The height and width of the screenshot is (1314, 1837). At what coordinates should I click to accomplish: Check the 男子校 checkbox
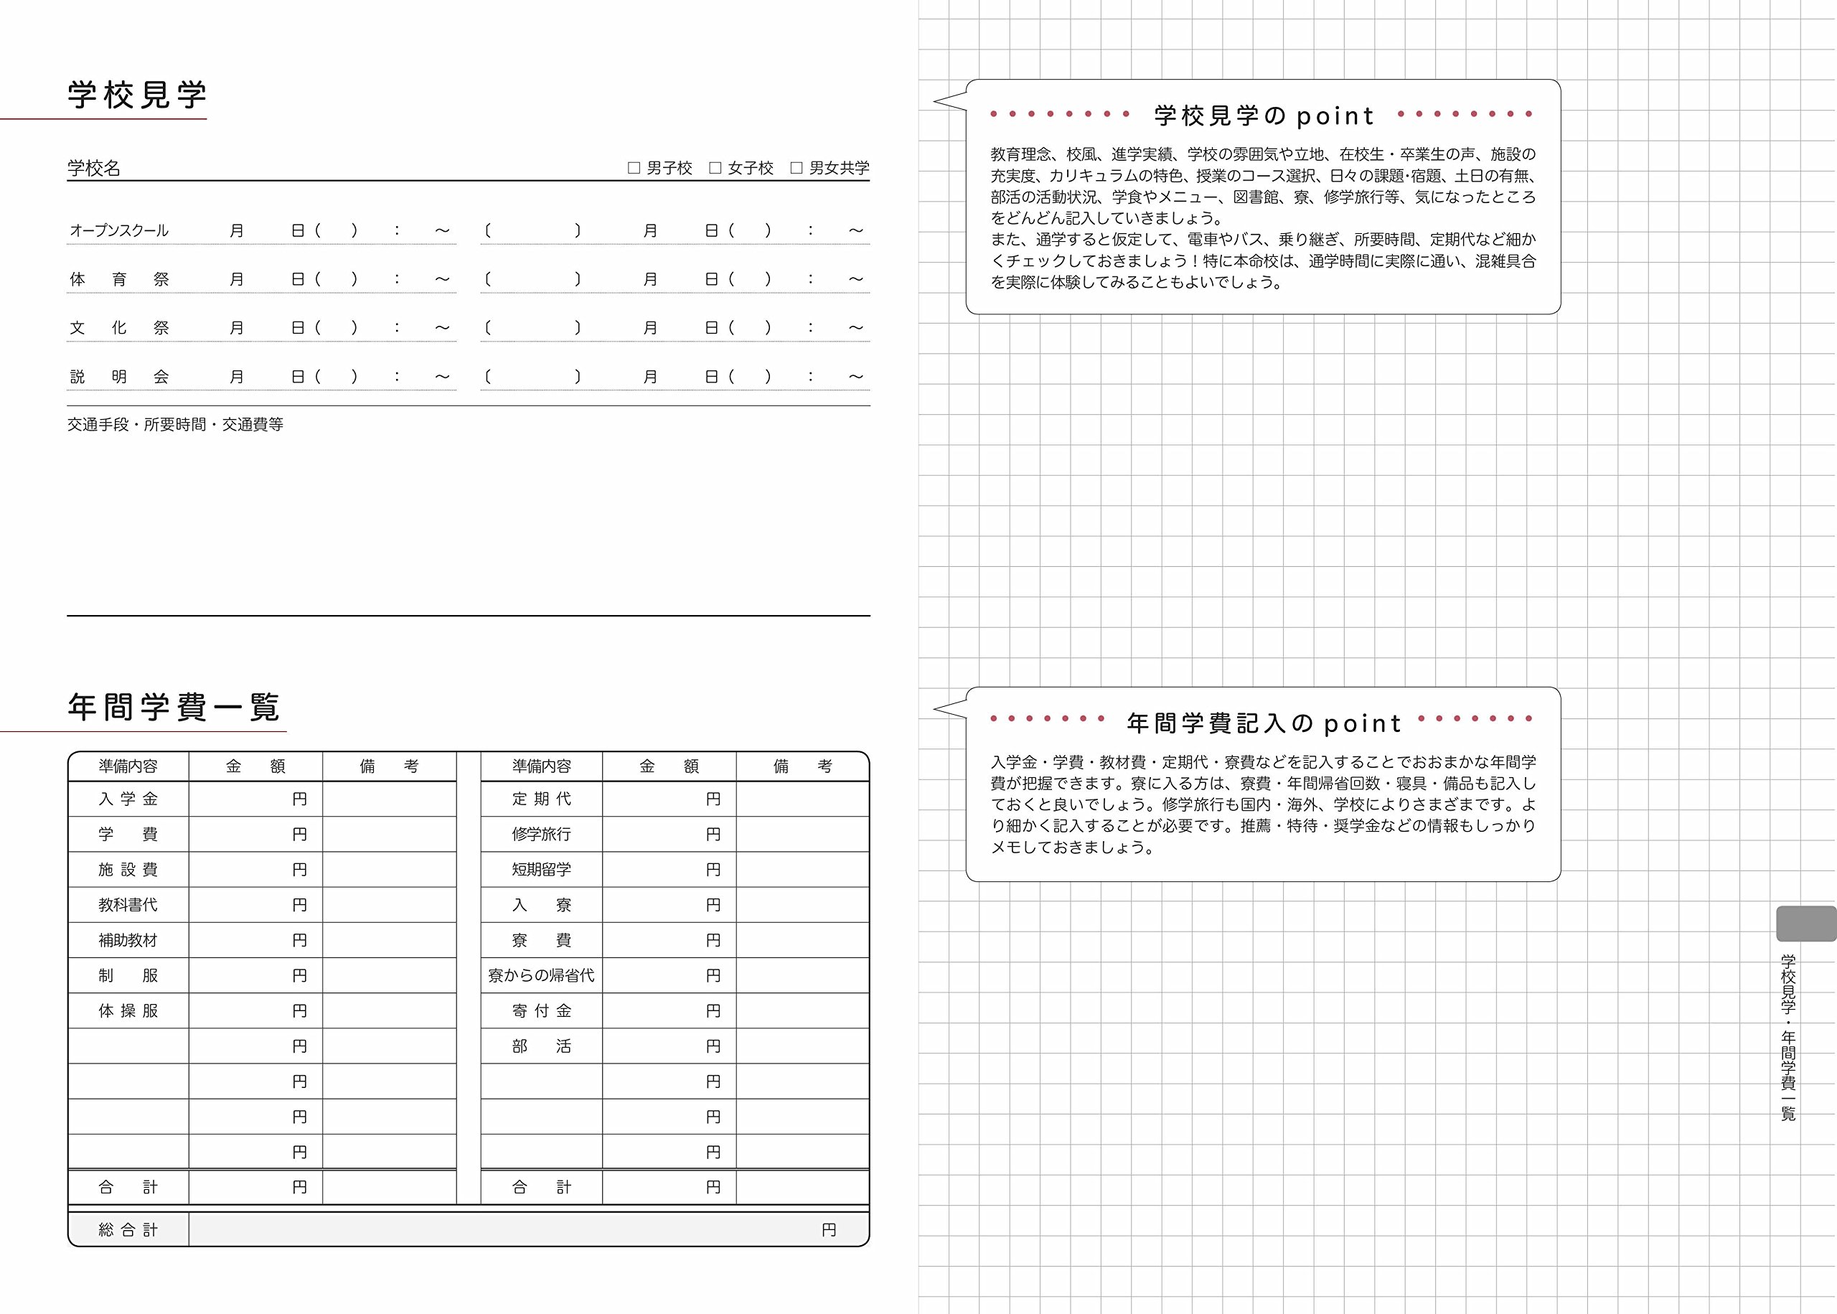[634, 169]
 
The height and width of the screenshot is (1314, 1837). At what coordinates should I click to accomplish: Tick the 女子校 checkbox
[715, 169]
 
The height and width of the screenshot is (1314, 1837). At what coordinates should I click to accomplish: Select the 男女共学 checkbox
[797, 169]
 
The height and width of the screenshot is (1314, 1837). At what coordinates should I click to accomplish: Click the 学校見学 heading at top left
[137, 95]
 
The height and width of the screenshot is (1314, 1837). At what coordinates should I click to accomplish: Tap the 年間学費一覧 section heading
[174, 707]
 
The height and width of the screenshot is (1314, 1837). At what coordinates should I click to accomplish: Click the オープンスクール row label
[119, 230]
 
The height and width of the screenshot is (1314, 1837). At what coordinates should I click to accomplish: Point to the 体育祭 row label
[119, 279]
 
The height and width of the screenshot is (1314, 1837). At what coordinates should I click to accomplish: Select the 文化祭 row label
[119, 328]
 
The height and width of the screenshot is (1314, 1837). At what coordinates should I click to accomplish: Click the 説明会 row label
[119, 376]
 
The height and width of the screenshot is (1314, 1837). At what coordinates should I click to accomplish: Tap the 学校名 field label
[94, 169]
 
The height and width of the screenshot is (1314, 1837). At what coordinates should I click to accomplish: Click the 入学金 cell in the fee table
[128, 799]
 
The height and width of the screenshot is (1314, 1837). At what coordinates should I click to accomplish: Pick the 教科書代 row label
[128, 905]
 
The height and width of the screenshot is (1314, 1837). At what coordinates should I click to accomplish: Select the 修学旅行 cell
[541, 834]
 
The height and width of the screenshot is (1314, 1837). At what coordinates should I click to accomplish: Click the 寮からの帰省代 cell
[541, 976]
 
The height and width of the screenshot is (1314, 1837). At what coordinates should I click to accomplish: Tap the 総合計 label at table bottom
[128, 1230]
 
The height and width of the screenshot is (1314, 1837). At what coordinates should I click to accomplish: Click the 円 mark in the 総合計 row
[828, 1230]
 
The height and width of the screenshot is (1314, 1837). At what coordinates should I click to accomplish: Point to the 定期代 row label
[541, 799]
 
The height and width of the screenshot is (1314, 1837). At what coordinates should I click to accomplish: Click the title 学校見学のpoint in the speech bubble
[1264, 116]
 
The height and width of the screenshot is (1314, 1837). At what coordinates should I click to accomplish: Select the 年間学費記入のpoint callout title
[1264, 723]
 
